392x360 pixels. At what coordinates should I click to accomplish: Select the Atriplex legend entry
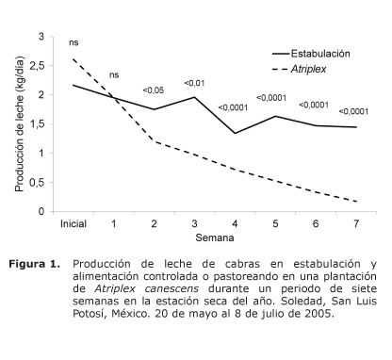(313, 69)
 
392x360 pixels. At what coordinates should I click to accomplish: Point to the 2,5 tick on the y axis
(37, 65)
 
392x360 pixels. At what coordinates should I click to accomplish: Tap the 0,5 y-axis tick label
(37, 182)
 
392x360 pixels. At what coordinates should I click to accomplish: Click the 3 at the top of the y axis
(41, 36)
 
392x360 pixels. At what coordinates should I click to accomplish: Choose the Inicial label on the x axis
(73, 225)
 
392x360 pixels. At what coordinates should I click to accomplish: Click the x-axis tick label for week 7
(356, 225)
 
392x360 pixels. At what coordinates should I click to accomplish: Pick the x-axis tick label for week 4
(235, 225)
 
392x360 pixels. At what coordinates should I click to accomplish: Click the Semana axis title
(215, 240)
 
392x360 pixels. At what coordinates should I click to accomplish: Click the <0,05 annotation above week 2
(154, 90)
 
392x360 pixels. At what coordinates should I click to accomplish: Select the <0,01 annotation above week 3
(194, 82)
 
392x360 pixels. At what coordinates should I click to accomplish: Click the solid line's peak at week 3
(194, 97)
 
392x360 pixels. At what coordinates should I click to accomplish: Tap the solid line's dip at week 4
(235, 133)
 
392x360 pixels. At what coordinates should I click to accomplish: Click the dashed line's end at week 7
(356, 201)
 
